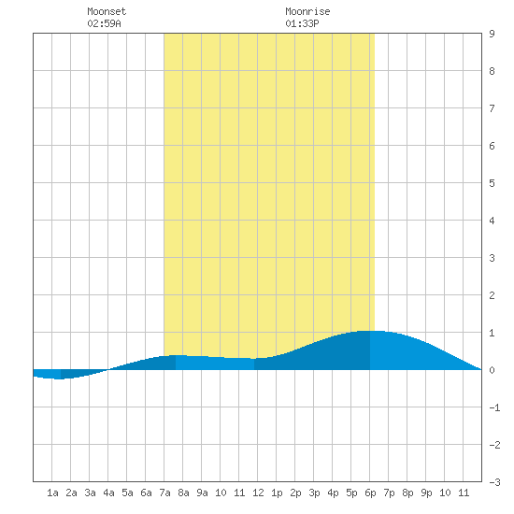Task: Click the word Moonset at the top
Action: pos(107,11)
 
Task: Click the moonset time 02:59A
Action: pos(104,23)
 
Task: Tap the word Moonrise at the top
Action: pos(307,11)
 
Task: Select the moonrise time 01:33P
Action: pos(302,23)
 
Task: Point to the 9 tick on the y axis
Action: pos(492,34)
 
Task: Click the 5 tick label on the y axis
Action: pos(492,183)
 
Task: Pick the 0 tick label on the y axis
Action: pos(492,370)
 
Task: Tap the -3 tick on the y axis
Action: pos(494,482)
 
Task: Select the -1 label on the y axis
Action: pos(494,407)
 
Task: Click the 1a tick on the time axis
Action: pos(52,493)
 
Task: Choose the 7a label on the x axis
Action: pos(164,493)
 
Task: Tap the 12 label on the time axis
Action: pos(258,493)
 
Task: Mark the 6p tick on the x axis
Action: pos(370,493)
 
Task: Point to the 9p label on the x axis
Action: pos(426,493)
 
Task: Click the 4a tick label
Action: pos(108,493)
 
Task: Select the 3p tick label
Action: pos(314,493)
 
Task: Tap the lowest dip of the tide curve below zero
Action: pos(59,378)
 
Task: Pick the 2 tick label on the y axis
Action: pos(492,295)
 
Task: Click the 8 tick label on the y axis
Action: pos(492,71)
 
